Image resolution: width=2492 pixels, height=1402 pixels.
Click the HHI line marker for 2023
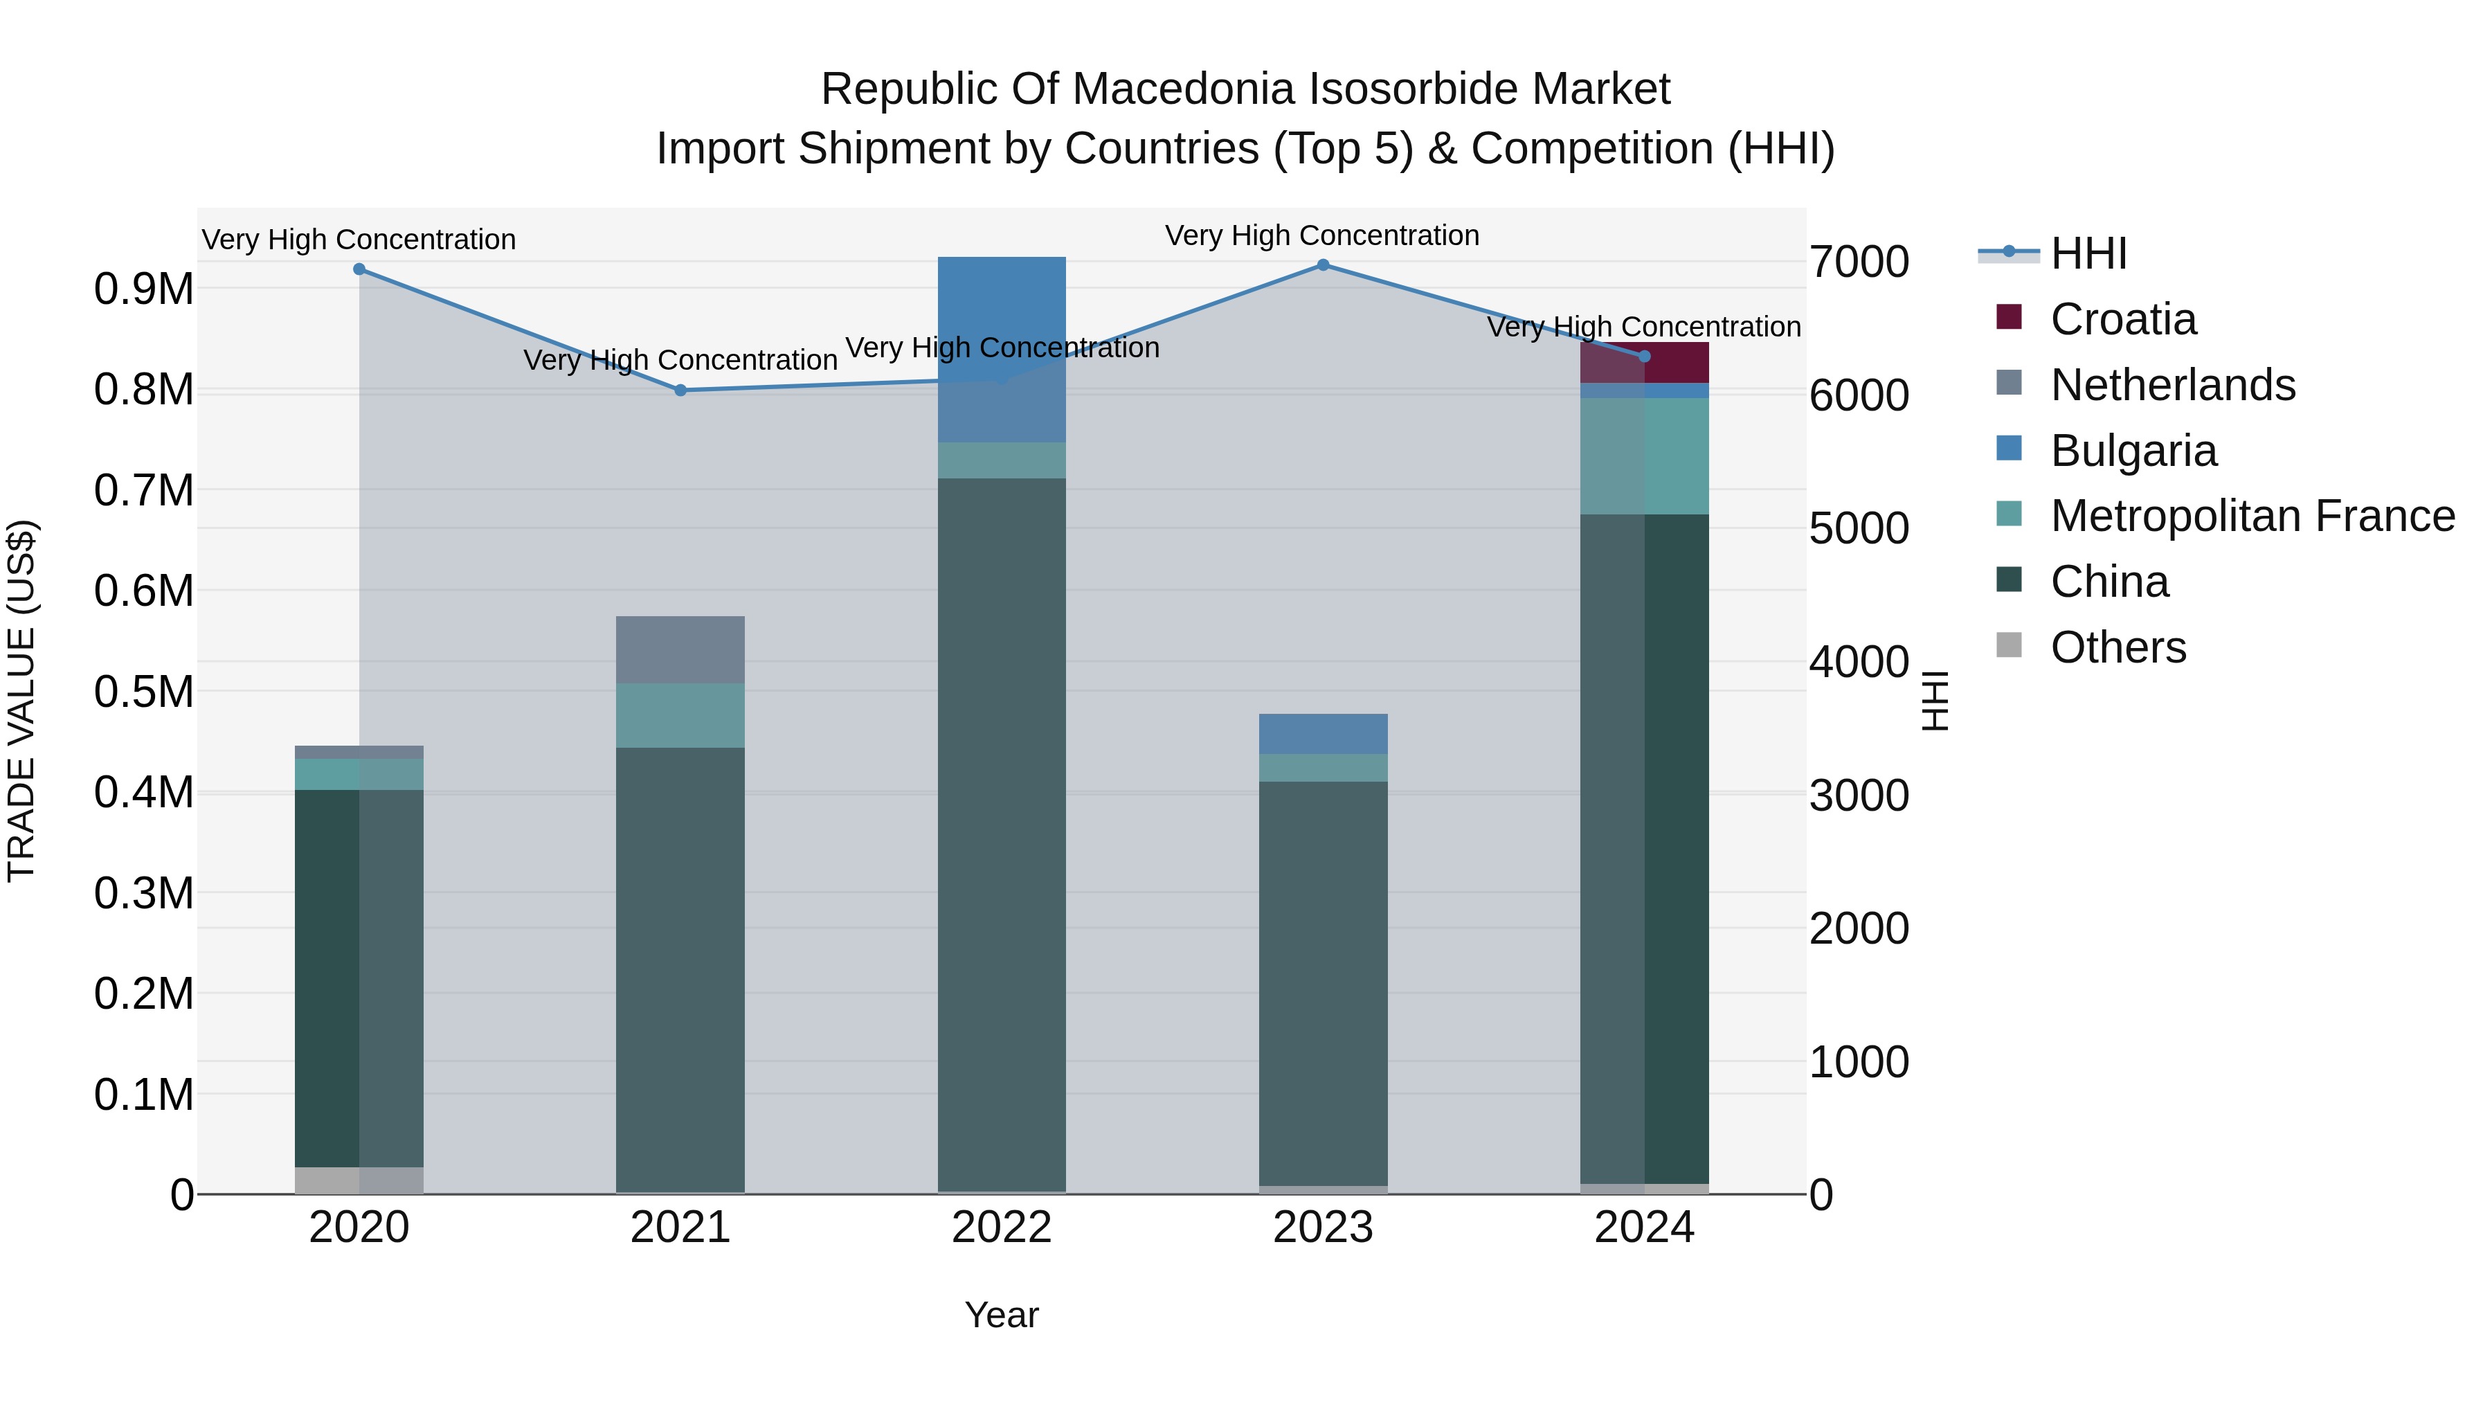tap(1322, 265)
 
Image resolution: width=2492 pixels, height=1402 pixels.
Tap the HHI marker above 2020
tap(359, 269)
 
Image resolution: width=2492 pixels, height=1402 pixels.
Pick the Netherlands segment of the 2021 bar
tap(680, 649)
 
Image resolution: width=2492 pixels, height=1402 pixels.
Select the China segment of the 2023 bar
tap(1322, 982)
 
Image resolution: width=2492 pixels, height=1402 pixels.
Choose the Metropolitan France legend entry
tap(2252, 516)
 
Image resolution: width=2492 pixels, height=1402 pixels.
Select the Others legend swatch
tap(2008, 645)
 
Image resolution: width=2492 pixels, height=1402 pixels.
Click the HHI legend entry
tap(2088, 253)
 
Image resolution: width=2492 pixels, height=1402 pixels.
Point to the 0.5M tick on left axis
tap(143, 692)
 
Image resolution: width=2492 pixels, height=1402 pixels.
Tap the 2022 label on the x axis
tap(1001, 1228)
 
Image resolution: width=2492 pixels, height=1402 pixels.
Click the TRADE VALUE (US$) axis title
tap(21, 701)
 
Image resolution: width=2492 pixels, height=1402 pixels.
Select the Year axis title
tap(1001, 1315)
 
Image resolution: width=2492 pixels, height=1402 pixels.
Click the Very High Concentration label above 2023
tap(1321, 235)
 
